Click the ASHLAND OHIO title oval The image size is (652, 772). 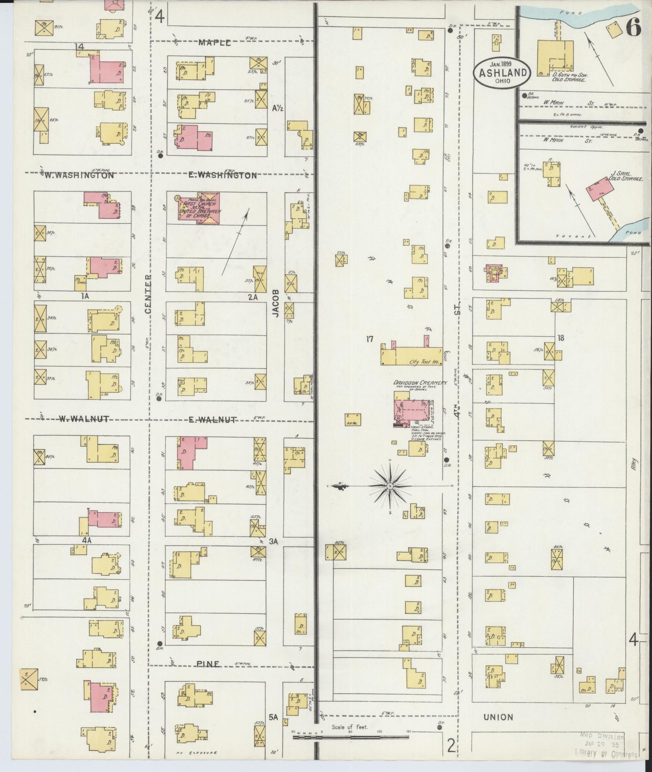click(x=502, y=72)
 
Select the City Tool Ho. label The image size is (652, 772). click(x=425, y=362)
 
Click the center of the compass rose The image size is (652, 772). click(x=389, y=486)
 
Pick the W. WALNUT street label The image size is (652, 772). click(x=84, y=419)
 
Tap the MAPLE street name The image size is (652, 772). click(x=215, y=43)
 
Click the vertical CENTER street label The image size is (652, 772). click(x=148, y=294)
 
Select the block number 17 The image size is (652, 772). click(x=369, y=339)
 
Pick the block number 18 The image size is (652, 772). click(x=560, y=338)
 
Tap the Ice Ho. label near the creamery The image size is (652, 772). click(x=353, y=423)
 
